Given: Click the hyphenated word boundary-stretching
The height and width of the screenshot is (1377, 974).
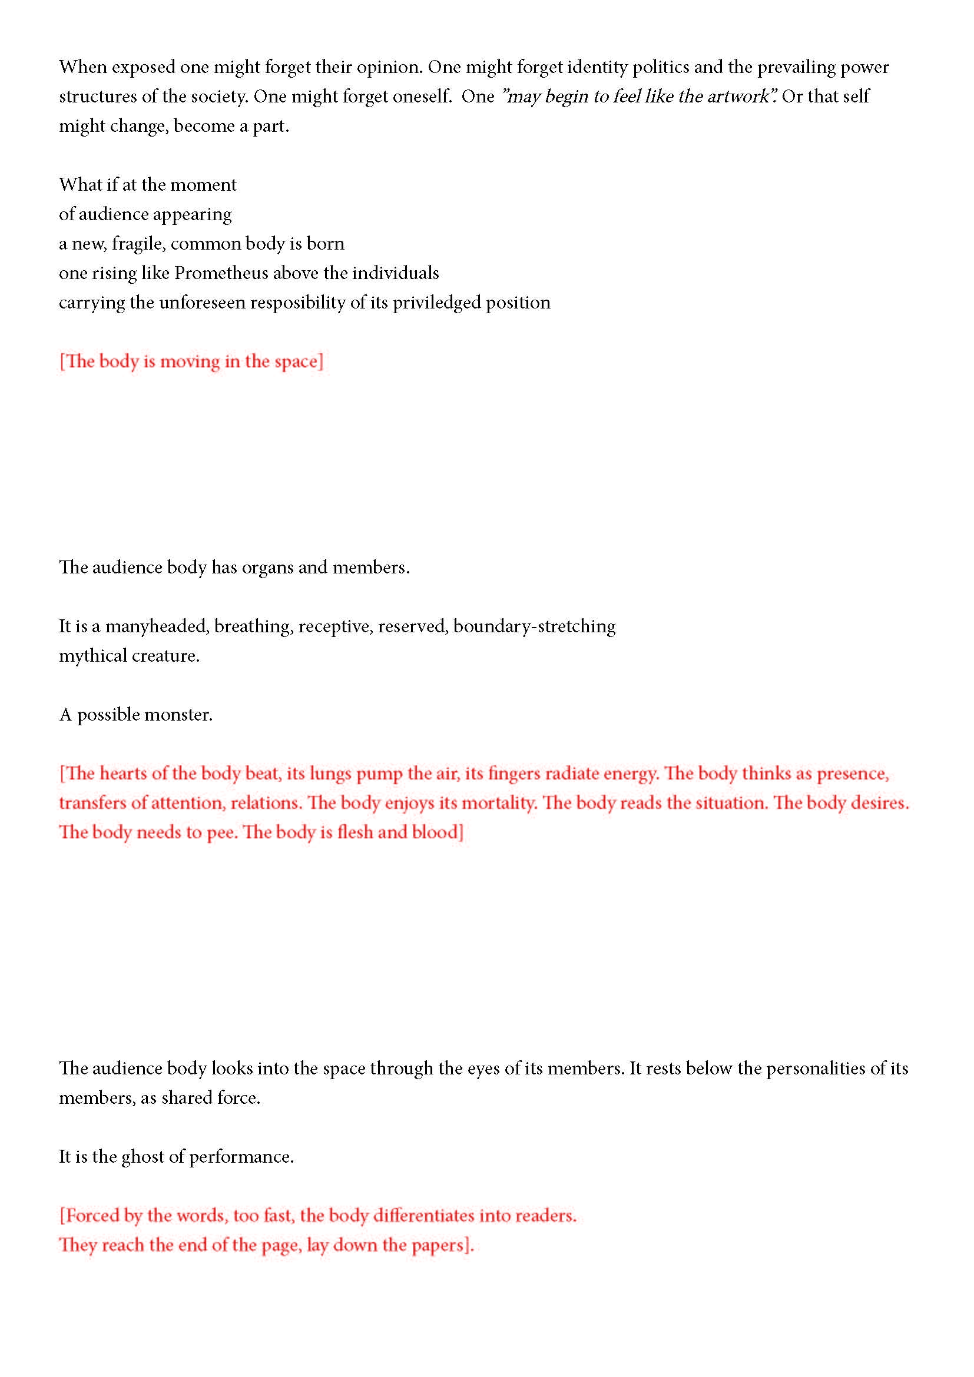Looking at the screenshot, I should (534, 626).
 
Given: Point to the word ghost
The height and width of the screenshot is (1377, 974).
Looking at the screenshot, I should (143, 1157).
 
